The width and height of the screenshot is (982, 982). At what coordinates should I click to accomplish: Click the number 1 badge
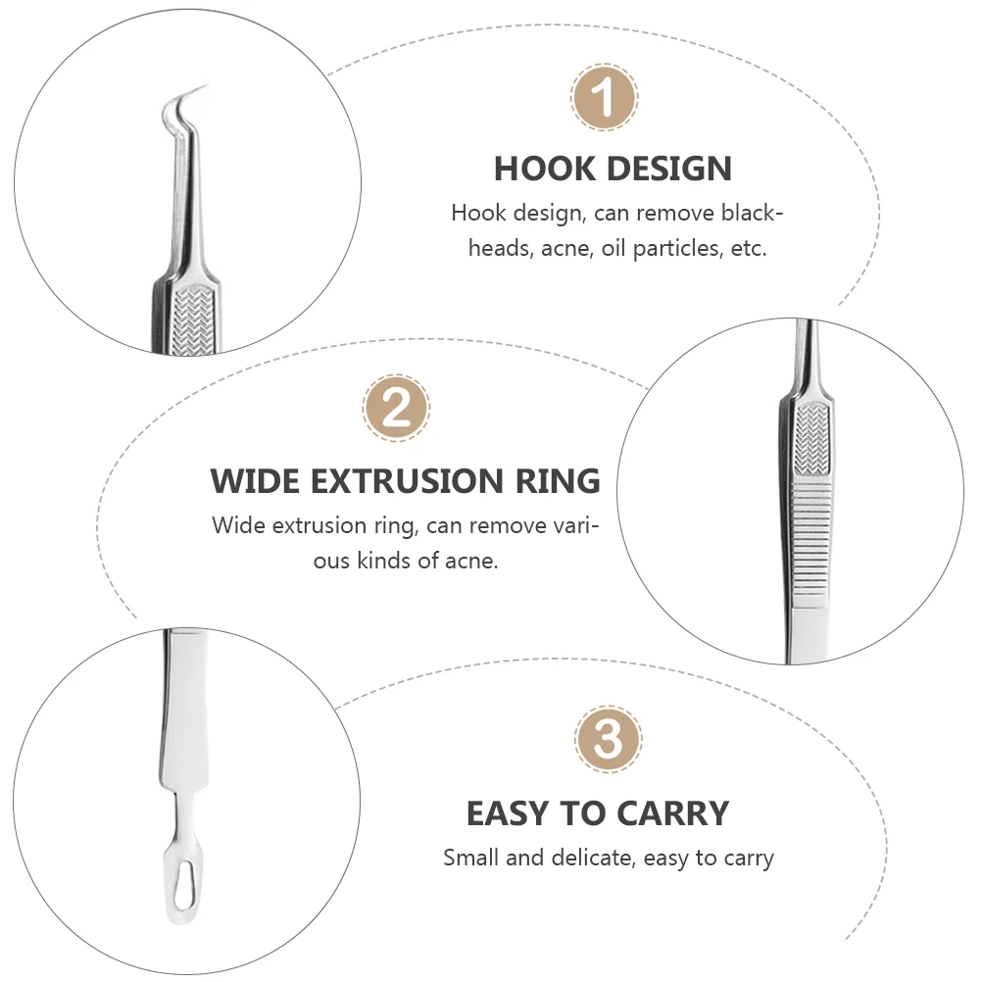[605, 97]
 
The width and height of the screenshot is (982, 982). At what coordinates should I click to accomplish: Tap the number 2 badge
[397, 408]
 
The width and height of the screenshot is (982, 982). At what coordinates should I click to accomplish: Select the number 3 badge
[609, 740]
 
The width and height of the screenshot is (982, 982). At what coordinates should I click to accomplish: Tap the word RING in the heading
[560, 481]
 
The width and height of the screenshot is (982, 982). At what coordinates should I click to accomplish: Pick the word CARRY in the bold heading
[675, 813]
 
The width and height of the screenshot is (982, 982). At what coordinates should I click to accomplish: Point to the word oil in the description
[612, 249]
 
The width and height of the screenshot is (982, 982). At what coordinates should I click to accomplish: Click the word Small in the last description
[471, 859]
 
